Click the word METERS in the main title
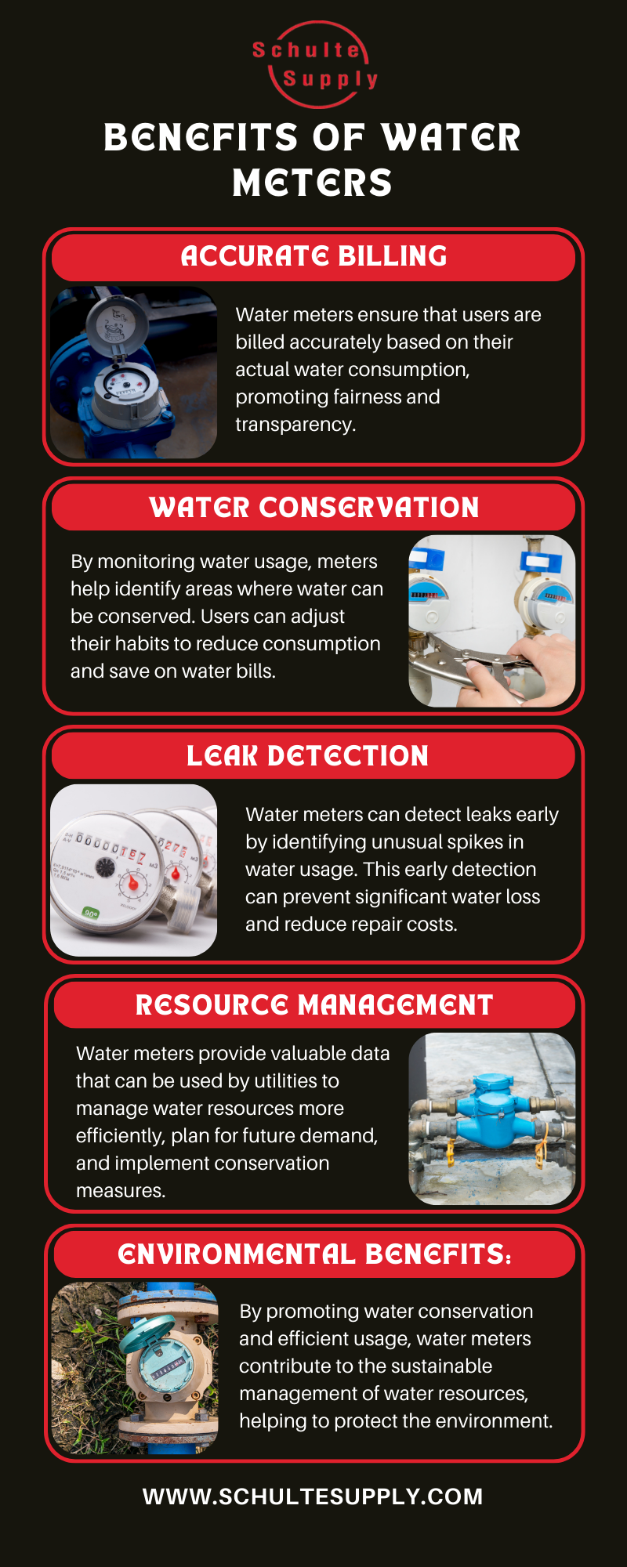(312, 183)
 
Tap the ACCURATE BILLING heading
(313, 256)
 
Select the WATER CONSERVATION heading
(313, 508)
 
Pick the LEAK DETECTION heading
(307, 756)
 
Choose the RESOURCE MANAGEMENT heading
(313, 1005)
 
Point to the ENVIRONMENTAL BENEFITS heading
(313, 1254)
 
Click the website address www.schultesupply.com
(313, 1496)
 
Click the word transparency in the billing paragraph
(295, 425)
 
